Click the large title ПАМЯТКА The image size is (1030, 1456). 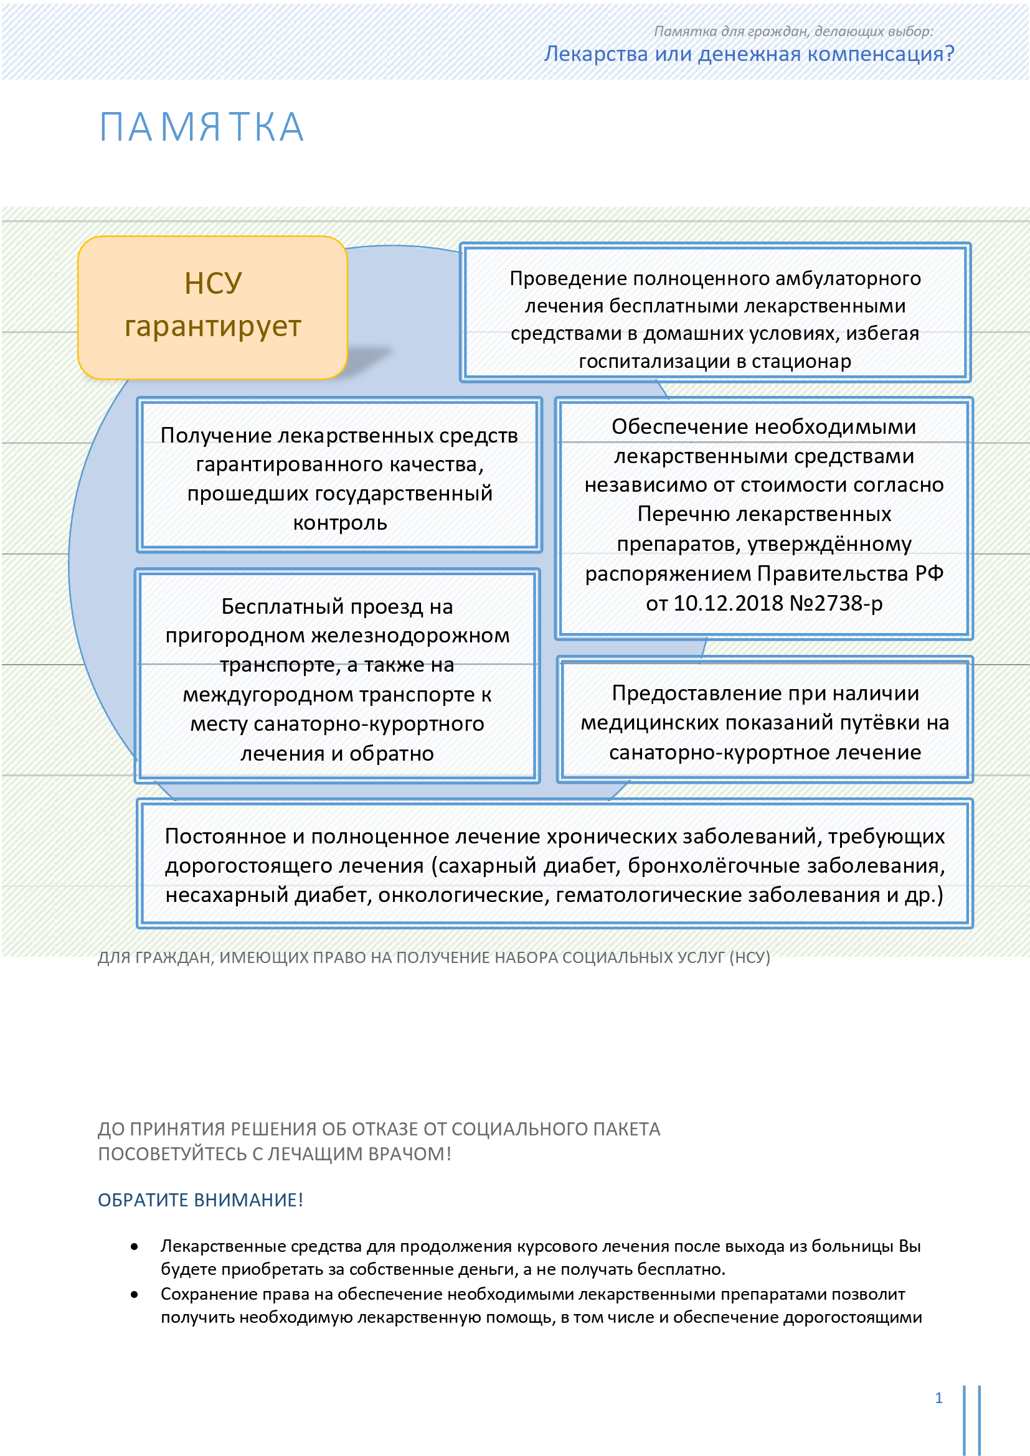[202, 128]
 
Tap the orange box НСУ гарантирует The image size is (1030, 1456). [212, 307]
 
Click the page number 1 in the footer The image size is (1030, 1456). [938, 1397]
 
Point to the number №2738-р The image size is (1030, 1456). [835, 603]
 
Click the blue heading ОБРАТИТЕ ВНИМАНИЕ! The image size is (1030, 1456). [201, 1200]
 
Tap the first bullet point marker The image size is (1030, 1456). [135, 1247]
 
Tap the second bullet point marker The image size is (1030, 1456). [135, 1294]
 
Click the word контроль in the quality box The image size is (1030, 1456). [340, 523]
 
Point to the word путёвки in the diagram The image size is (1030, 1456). [874, 723]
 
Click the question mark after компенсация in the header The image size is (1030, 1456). [949, 54]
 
